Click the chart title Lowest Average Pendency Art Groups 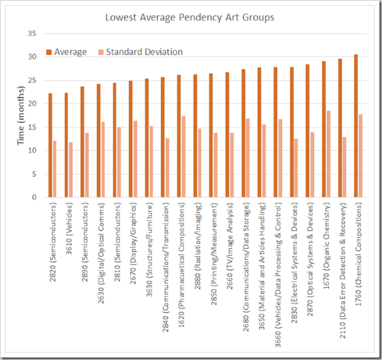tap(190, 17)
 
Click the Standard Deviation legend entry tap(144, 52)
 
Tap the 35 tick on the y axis tap(35, 33)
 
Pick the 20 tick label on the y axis tap(35, 104)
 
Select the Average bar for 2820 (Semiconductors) tap(51, 145)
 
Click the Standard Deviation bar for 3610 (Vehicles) tap(70, 170)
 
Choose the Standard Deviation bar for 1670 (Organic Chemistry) tap(328, 154)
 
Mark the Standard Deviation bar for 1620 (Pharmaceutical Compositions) tap(184, 157)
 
